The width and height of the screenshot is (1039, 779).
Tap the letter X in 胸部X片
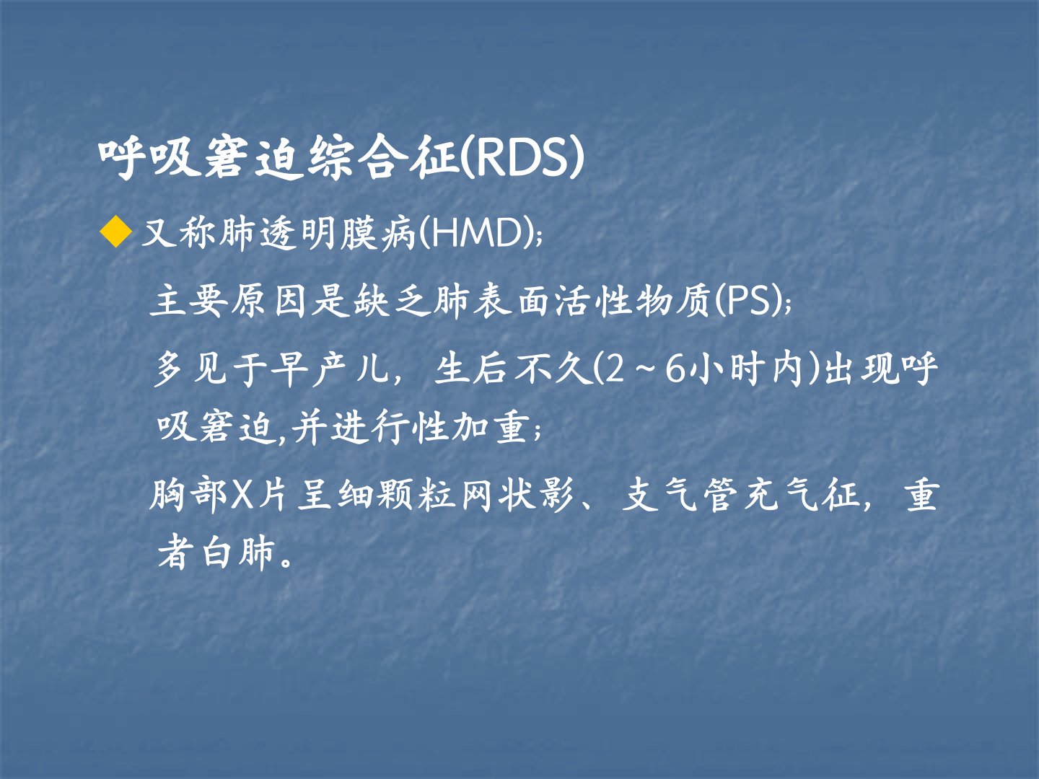(242, 497)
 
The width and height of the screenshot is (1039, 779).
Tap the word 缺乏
(393, 302)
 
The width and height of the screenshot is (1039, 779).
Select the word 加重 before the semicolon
(489, 429)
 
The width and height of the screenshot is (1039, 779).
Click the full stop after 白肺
(286, 562)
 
